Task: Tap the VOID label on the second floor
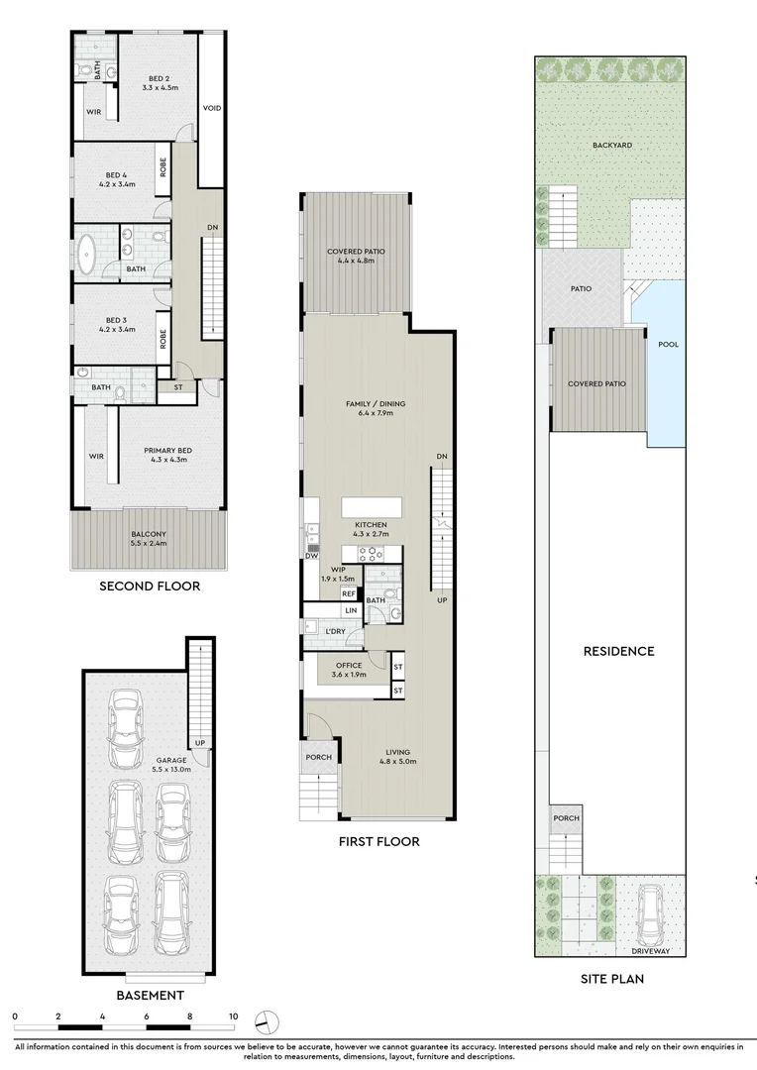click(x=212, y=108)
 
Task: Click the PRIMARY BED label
click(x=167, y=451)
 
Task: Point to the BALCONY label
click(x=149, y=534)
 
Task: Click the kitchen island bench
click(x=372, y=507)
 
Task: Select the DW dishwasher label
click(x=312, y=556)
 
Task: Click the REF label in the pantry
click(x=349, y=594)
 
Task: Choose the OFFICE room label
click(x=349, y=666)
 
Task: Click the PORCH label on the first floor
click(x=319, y=757)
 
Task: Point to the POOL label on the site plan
click(x=668, y=345)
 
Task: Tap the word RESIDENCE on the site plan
click(x=618, y=651)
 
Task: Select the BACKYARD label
click(x=612, y=146)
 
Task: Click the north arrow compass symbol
click(x=267, y=1021)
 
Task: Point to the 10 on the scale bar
click(x=234, y=1016)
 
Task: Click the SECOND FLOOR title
click(x=150, y=586)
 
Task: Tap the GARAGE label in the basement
click(x=171, y=760)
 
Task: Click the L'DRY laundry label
click(x=335, y=632)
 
